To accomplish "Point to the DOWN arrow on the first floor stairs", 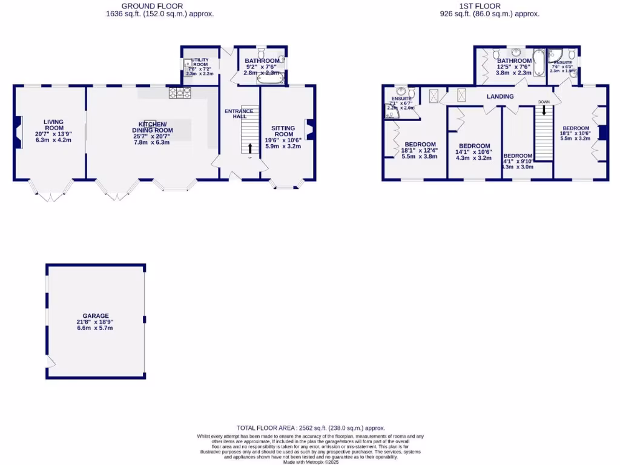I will (x=544, y=110).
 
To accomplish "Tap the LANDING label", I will (x=500, y=96).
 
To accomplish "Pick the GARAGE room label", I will (x=96, y=315).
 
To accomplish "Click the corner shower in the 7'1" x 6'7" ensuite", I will (x=392, y=111).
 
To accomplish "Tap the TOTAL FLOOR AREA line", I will (x=310, y=427).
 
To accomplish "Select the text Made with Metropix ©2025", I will (x=309, y=462).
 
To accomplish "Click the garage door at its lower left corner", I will (x=51, y=363).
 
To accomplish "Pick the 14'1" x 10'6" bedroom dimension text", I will (x=474, y=152).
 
